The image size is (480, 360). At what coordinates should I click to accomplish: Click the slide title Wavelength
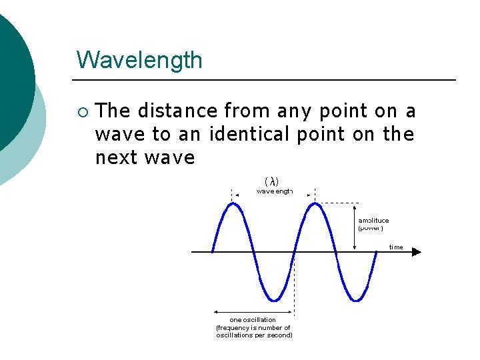pyautogui.click(x=139, y=60)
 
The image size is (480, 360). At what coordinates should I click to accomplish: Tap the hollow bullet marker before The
pyautogui.click(x=82, y=111)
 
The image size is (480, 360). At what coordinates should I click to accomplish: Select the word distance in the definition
pyautogui.click(x=177, y=111)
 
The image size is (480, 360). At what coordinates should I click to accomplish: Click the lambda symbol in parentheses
pyautogui.click(x=272, y=181)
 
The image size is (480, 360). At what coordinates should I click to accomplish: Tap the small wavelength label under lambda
pyautogui.click(x=274, y=191)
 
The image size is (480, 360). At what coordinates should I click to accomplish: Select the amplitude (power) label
pyautogui.click(x=373, y=224)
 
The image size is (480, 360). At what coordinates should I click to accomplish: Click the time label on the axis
pyautogui.click(x=396, y=247)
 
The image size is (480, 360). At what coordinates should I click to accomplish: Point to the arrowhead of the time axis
pyautogui.click(x=417, y=252)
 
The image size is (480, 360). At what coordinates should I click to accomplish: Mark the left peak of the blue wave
pyautogui.click(x=231, y=203)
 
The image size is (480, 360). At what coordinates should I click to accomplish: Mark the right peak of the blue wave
pyautogui.click(x=314, y=203)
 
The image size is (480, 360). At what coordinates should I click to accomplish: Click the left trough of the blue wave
pyautogui.click(x=273, y=300)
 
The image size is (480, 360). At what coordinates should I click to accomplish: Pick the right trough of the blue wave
pyautogui.click(x=356, y=300)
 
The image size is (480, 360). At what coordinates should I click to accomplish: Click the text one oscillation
pyautogui.click(x=253, y=320)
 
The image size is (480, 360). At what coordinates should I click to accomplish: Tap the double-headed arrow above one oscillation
pyautogui.click(x=253, y=311)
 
